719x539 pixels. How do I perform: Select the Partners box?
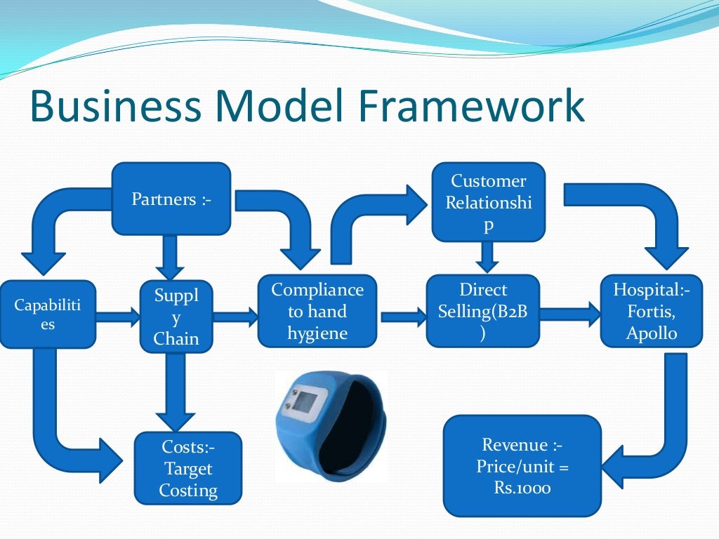pyautogui.click(x=171, y=199)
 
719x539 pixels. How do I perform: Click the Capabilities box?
pyautogui.click(x=48, y=314)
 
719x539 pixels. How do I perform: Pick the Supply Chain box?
pyautogui.click(x=176, y=317)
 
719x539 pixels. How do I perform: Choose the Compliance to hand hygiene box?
pyautogui.click(x=317, y=311)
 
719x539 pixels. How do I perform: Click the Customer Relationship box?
pyautogui.click(x=489, y=201)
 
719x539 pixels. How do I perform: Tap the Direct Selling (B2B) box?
pyautogui.click(x=483, y=311)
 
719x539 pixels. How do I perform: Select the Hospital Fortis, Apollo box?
pyautogui.click(x=652, y=311)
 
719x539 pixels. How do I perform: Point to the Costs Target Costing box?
pyautogui.click(x=188, y=468)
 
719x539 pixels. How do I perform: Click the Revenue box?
pyautogui.click(x=522, y=466)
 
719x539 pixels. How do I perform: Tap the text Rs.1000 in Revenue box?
pyautogui.click(x=522, y=487)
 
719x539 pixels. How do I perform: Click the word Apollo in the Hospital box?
pyautogui.click(x=652, y=332)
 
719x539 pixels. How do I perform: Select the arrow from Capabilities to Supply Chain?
pyautogui.click(x=118, y=317)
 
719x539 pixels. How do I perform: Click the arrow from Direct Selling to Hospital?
pyautogui.click(x=570, y=314)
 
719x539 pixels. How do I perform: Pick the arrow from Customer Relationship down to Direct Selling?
pyautogui.click(x=487, y=257)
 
